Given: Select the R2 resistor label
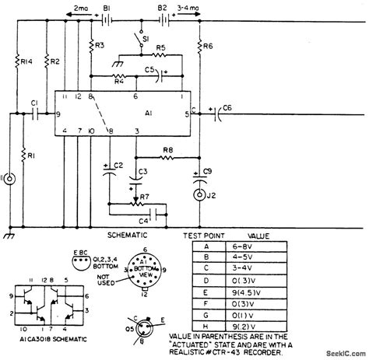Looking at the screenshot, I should click(x=54, y=61).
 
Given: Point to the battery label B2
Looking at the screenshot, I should click(x=163, y=7).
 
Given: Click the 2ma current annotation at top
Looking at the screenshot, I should click(x=79, y=7).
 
